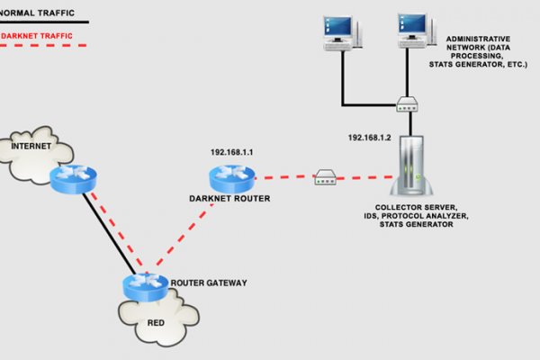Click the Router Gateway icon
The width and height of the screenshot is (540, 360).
[145, 287]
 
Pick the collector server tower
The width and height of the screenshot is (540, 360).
[416, 166]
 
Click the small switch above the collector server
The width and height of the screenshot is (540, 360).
[405, 105]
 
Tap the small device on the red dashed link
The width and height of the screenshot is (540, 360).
[324, 179]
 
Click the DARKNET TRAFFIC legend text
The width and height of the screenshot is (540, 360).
[37, 36]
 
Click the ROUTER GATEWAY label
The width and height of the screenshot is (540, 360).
[208, 283]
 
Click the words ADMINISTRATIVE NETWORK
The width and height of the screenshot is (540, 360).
[480, 44]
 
